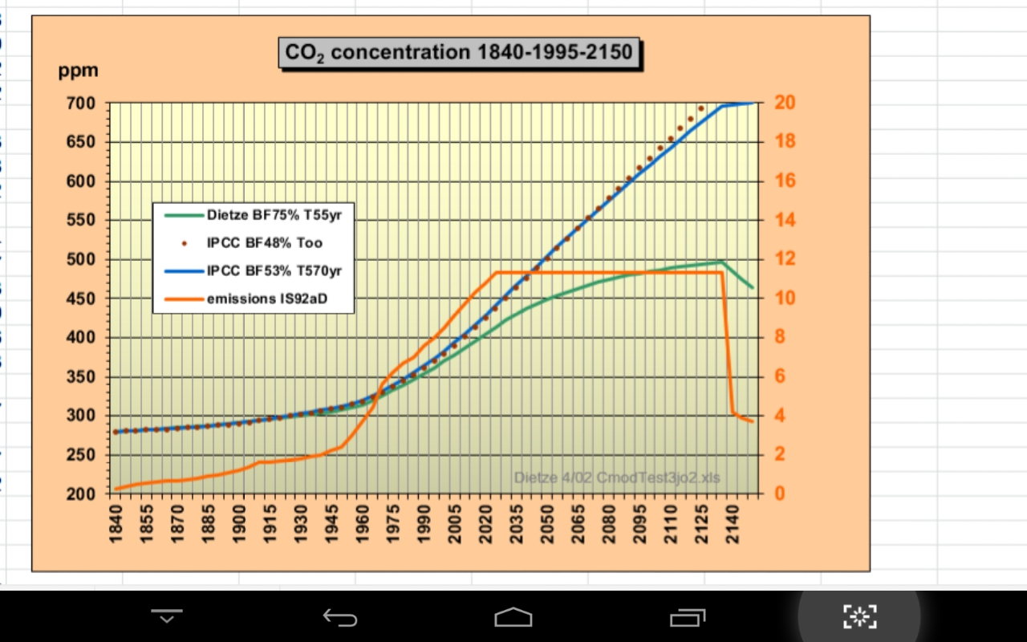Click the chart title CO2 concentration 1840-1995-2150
click(x=460, y=53)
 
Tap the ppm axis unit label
click(x=78, y=71)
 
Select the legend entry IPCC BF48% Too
click(x=264, y=242)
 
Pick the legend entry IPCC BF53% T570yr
click(x=274, y=270)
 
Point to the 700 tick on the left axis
click(x=81, y=104)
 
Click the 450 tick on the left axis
click(x=81, y=299)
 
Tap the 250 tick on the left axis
click(x=81, y=455)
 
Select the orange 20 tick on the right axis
click(x=785, y=104)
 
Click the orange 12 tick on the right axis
click(x=785, y=259)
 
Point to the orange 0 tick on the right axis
click(x=780, y=494)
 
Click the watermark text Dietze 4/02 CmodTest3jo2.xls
click(x=617, y=478)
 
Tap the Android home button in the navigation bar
click(x=513, y=616)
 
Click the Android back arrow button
click(x=340, y=616)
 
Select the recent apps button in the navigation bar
click(x=687, y=616)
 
